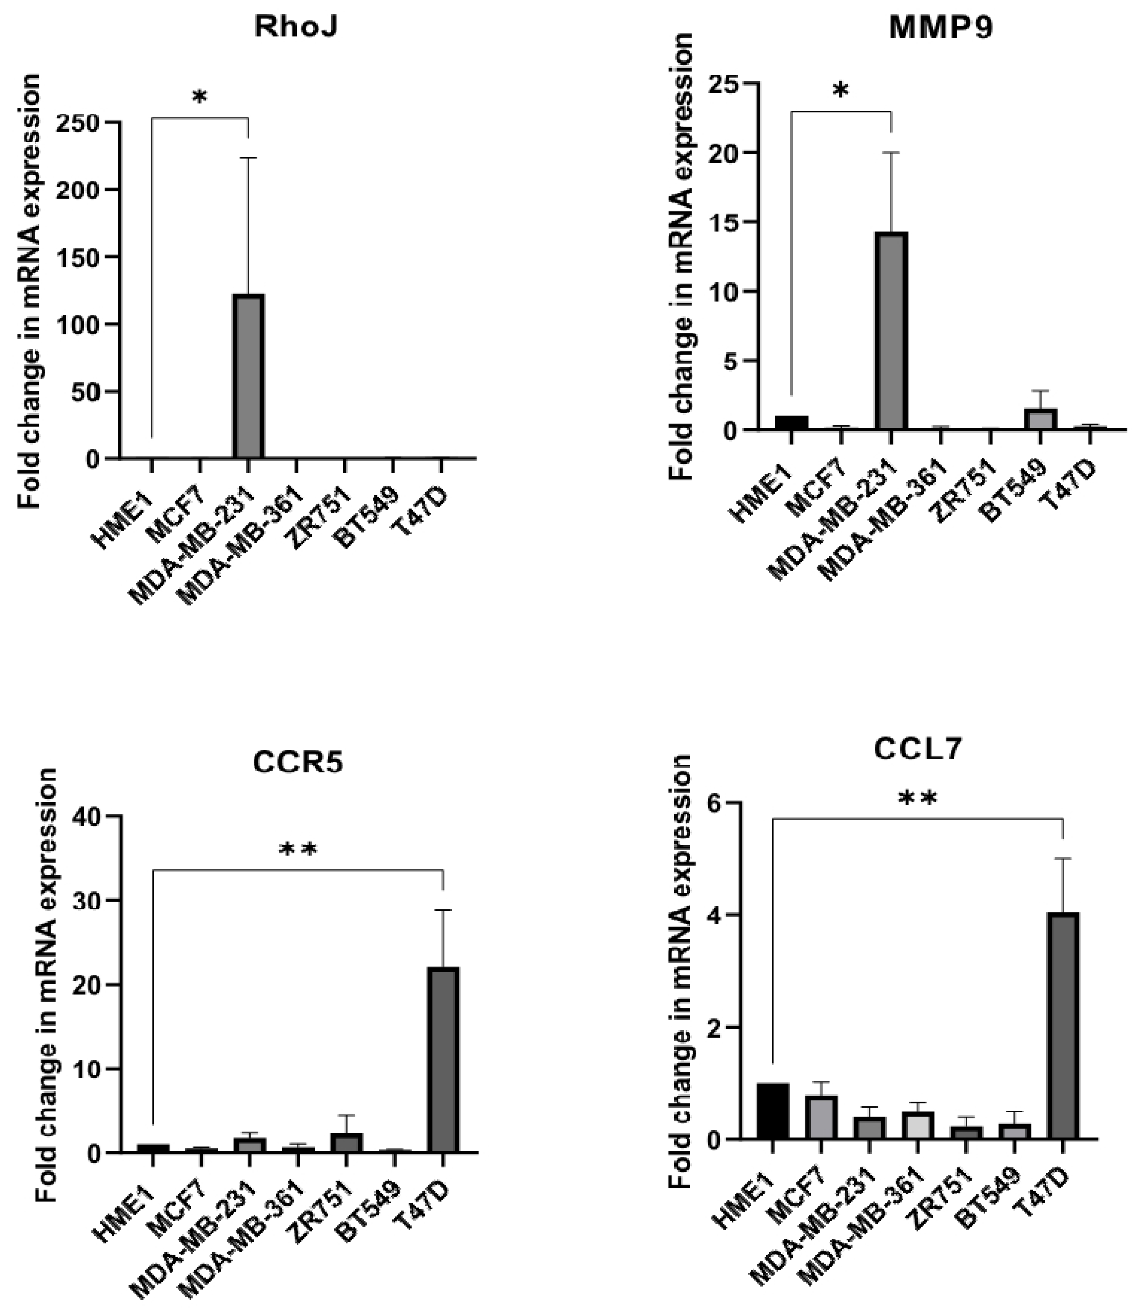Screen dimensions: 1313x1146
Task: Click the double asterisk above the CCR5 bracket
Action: [x=298, y=850]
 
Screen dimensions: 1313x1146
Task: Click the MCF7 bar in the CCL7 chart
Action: [x=821, y=1117]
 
